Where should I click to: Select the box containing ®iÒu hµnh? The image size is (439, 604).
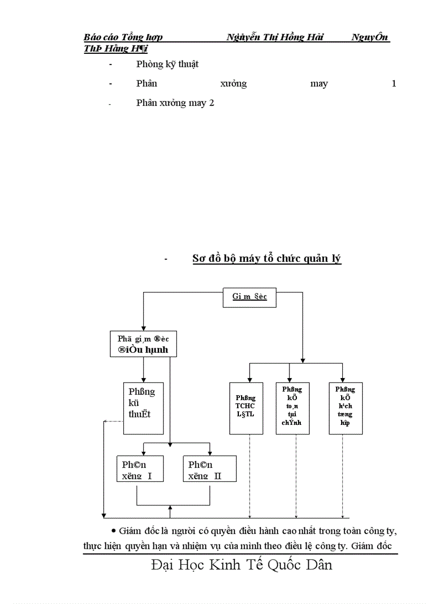tap(143, 344)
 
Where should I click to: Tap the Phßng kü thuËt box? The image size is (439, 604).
tap(143, 408)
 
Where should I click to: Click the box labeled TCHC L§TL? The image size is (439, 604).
tap(246, 407)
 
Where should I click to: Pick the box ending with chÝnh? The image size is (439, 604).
tap(292, 407)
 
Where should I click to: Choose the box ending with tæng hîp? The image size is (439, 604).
tap(345, 407)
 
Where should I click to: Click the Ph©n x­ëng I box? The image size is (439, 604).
tap(139, 469)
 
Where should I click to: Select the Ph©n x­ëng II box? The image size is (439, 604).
tap(209, 469)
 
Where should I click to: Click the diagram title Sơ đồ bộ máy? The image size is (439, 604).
tap(266, 259)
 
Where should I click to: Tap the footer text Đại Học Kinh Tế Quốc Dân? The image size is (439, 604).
tap(242, 565)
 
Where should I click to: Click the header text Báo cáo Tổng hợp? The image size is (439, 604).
tap(123, 37)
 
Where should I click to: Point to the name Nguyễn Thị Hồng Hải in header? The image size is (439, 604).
tap(275, 37)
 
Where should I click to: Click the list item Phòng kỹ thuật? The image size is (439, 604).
tap(167, 64)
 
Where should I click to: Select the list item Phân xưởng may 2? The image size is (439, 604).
tap(175, 103)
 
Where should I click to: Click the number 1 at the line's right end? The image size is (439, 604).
tap(394, 83)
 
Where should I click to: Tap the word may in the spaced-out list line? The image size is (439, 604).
tap(319, 83)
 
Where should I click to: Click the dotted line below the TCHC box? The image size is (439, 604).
tap(250, 473)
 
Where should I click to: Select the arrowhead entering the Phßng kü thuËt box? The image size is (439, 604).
tap(143, 379)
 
